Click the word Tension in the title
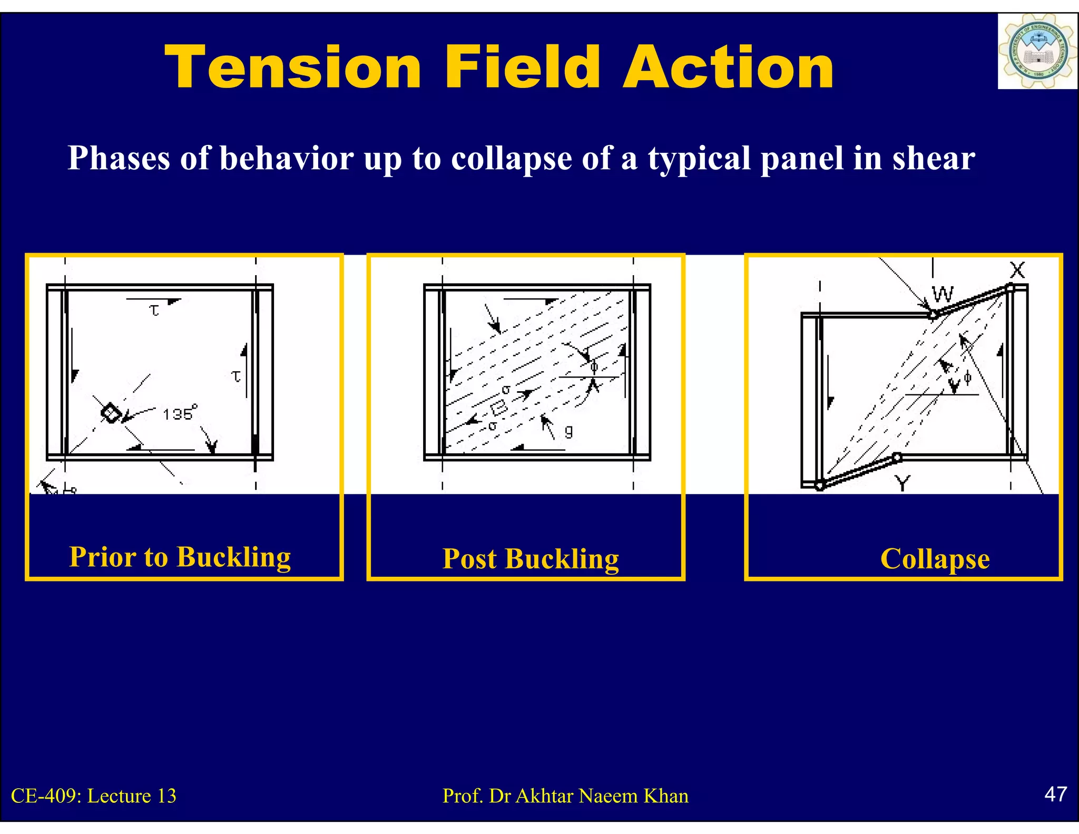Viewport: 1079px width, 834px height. [x=293, y=67]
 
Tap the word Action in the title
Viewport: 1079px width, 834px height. [x=728, y=67]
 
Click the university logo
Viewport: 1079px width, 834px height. [x=1036, y=52]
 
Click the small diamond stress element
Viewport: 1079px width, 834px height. [x=111, y=412]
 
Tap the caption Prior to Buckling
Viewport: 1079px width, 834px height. [x=180, y=557]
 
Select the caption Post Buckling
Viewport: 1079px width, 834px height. [x=530, y=559]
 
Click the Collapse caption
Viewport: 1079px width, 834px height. [x=935, y=559]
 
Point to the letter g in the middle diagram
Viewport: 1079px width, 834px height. [x=568, y=432]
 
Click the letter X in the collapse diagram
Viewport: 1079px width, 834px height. [x=1017, y=270]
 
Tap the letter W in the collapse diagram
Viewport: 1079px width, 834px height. [x=943, y=294]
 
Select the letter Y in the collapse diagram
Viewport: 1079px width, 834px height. [x=903, y=482]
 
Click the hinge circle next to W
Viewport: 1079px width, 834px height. [x=933, y=315]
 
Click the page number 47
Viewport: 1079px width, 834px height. [x=1055, y=794]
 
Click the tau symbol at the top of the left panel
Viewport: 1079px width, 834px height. [x=154, y=310]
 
